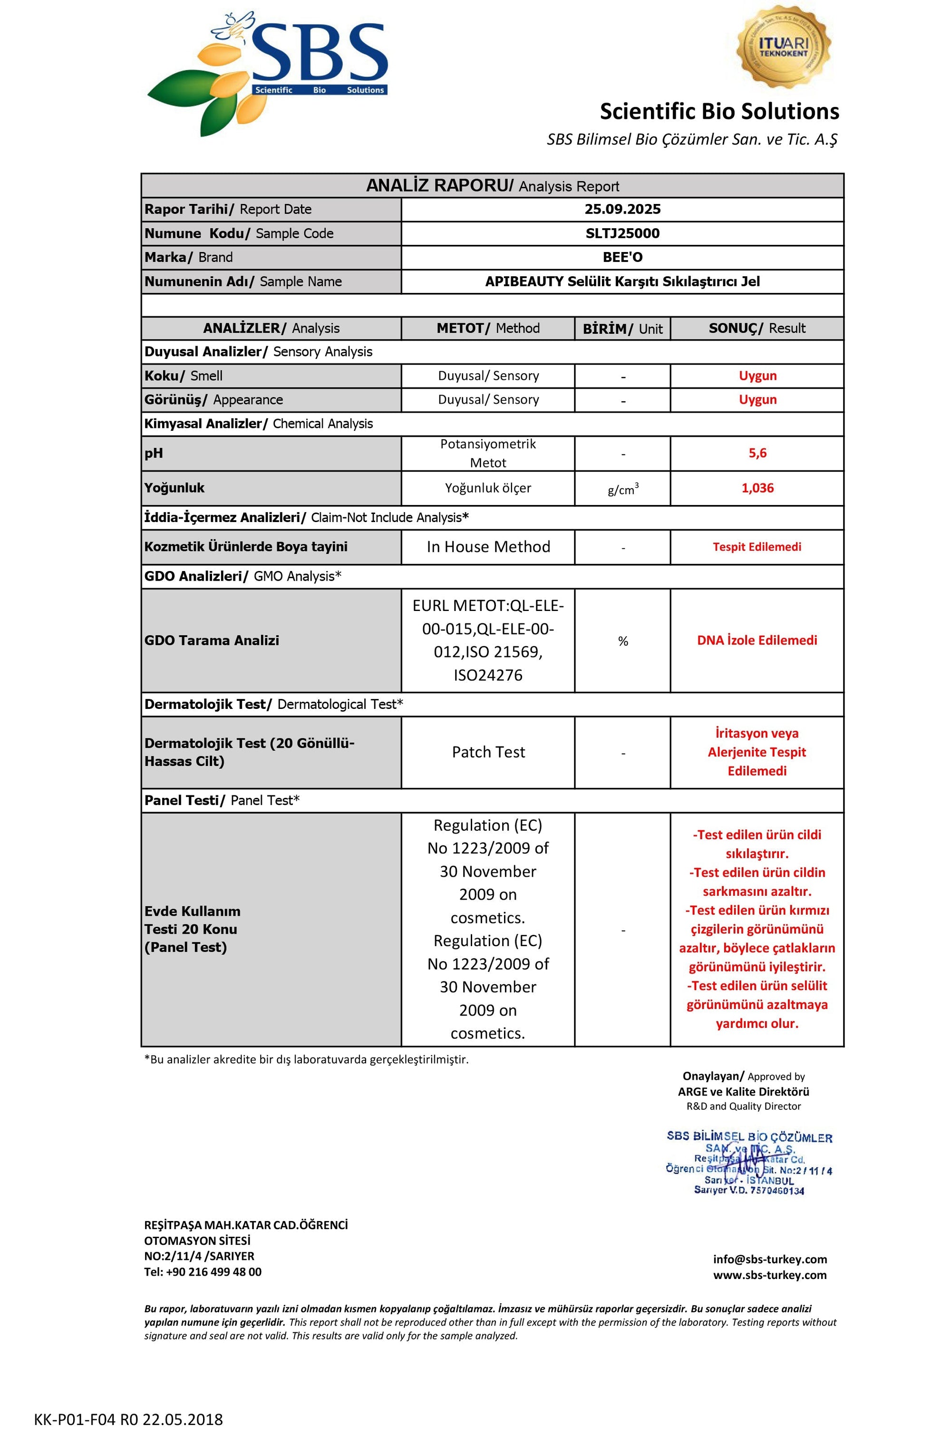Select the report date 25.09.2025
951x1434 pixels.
(x=622, y=209)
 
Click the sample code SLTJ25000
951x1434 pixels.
(x=622, y=233)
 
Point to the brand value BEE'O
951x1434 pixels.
(x=622, y=257)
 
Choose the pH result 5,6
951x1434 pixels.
(x=757, y=453)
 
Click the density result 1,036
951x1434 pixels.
(x=757, y=488)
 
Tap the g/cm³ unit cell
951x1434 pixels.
(x=623, y=489)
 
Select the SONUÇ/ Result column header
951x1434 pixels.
(x=757, y=328)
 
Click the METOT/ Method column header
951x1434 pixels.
(x=488, y=328)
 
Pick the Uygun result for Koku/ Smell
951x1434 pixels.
(x=757, y=376)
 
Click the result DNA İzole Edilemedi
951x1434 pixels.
(x=757, y=640)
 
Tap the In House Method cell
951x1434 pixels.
(x=488, y=547)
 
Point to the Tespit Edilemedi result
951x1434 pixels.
(x=757, y=547)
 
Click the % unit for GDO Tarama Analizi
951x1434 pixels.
(x=623, y=641)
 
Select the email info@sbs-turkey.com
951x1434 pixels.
(x=770, y=1260)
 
